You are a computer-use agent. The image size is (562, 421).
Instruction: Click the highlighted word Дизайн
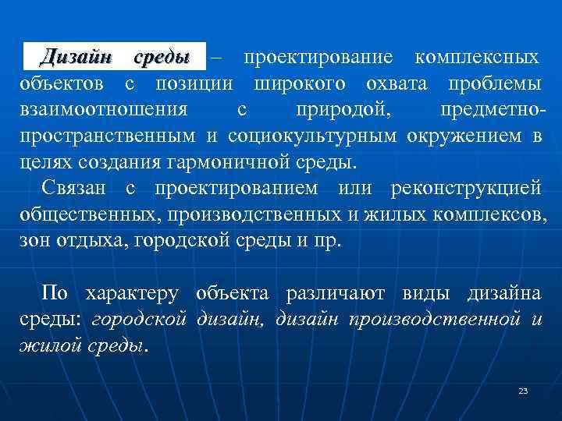(75, 57)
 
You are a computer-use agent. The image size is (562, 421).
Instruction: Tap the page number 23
(523, 391)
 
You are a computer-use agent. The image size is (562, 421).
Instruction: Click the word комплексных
(476, 57)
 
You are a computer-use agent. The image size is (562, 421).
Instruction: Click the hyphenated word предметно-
(492, 109)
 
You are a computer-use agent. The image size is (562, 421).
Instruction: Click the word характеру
(133, 294)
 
